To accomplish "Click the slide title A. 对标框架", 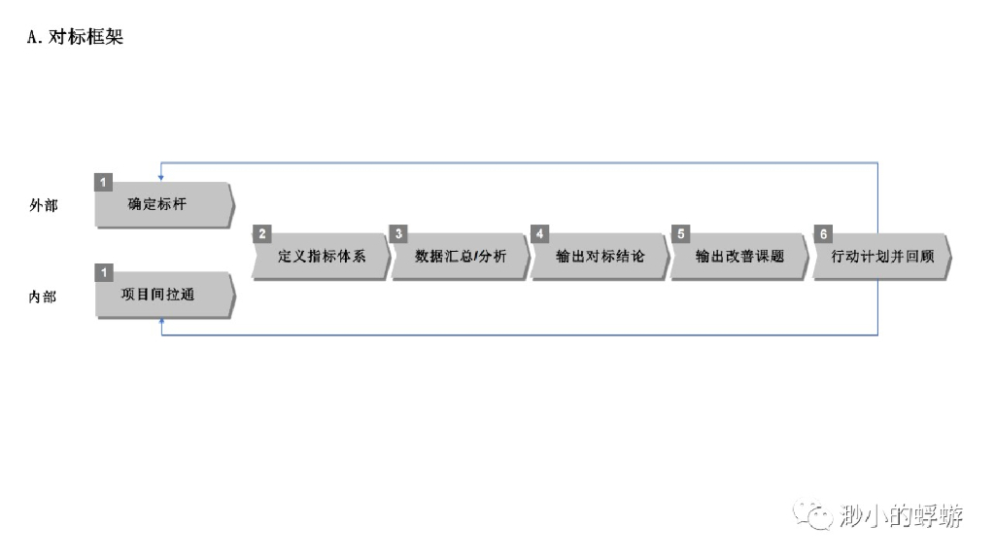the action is point(76,39).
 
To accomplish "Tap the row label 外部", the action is point(44,205).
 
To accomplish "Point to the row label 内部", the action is point(44,296).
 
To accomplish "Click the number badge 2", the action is point(260,234).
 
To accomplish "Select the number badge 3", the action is point(399,234).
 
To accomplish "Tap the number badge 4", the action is point(539,234).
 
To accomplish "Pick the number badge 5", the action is point(680,234).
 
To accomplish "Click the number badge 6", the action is point(823,234).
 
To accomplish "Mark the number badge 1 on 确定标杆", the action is point(104,182).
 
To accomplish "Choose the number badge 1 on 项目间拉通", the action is point(104,270).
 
